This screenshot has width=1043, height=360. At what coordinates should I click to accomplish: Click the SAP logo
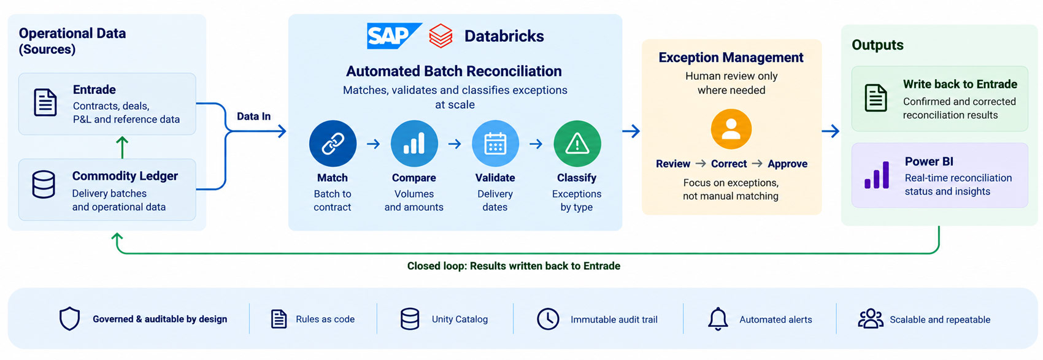point(394,36)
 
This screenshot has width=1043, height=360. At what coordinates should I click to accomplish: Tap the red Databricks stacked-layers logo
point(441,36)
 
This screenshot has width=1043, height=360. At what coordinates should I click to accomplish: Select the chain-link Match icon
point(333,144)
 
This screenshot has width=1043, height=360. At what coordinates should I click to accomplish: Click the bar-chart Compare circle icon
point(414,144)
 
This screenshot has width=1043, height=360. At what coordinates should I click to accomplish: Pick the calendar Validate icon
point(495,144)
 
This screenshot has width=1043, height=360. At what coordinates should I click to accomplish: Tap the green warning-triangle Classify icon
point(577,144)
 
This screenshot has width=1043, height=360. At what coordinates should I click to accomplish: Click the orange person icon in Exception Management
point(731,129)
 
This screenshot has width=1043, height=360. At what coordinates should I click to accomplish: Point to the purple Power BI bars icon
point(877,175)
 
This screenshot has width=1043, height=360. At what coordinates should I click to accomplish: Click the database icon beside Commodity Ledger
point(44,185)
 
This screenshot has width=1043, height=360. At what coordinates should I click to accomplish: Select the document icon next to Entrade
point(45,102)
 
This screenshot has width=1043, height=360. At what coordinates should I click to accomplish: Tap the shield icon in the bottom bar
point(69,318)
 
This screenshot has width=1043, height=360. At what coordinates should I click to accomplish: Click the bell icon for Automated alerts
point(718,319)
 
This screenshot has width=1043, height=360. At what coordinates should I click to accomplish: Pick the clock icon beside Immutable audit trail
point(548,319)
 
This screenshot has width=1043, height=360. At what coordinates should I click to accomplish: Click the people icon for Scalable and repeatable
point(870,319)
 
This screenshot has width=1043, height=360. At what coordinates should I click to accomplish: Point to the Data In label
point(254,117)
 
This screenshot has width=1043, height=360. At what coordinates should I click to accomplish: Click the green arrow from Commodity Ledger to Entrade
point(122,147)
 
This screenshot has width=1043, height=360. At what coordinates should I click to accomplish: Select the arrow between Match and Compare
point(374,144)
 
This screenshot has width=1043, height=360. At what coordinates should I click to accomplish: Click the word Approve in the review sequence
point(787,164)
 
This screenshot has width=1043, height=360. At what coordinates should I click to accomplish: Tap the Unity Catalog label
point(460,319)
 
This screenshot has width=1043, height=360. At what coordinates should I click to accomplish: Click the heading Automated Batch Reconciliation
point(454,71)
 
